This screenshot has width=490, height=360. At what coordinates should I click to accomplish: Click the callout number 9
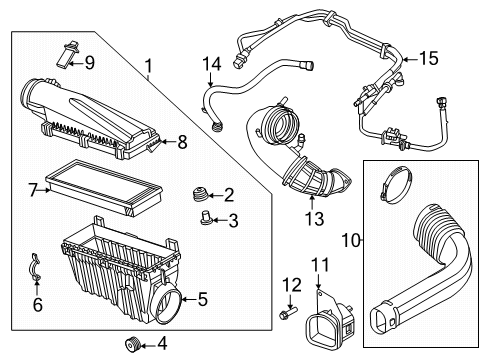[x=89, y=63]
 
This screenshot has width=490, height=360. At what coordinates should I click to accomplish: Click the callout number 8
[x=181, y=142]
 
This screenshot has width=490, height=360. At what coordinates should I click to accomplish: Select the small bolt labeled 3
[x=206, y=219]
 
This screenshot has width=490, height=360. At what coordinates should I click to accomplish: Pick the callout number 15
[x=427, y=59]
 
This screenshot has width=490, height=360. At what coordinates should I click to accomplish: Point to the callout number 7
[x=33, y=188]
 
